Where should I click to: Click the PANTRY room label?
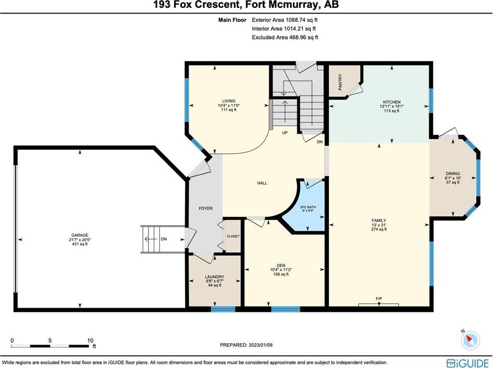coord(340,82)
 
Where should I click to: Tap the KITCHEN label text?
coord(391,102)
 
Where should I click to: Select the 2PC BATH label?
coord(308,207)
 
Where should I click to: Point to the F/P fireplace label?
coord(379,298)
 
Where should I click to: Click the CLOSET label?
coord(233,236)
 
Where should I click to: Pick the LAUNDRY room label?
coord(214,277)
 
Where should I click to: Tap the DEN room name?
coord(281,265)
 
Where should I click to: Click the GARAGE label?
coord(79,235)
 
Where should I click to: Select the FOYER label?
coord(206,208)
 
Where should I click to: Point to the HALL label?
coord(262,183)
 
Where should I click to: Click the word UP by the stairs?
coord(284,133)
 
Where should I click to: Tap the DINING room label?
coord(453,173)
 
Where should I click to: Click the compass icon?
coord(470,339)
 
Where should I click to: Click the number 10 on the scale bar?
coord(90,340)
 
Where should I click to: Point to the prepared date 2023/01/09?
coord(259,345)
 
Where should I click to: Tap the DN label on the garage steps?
coord(163,239)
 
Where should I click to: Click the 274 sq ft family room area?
coord(379,229)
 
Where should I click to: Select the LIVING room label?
coord(228,101)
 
